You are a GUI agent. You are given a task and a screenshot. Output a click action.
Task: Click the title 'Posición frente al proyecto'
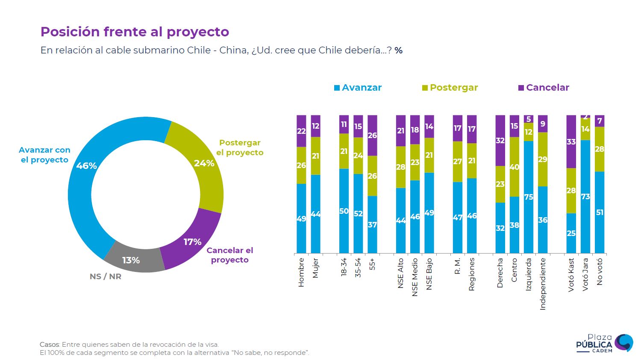(135, 32)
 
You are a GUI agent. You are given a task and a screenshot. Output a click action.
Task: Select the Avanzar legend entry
(358, 88)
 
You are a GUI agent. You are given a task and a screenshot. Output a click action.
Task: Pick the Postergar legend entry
(450, 88)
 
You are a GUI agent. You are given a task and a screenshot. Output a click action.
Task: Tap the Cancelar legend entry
(544, 88)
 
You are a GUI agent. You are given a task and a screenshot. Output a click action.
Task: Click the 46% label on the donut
(87, 166)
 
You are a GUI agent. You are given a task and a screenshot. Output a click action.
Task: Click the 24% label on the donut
(204, 163)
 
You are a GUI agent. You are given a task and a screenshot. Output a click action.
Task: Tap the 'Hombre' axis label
(301, 272)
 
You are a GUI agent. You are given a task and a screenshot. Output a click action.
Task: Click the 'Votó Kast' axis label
(571, 275)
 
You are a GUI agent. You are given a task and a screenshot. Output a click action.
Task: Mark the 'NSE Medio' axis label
(415, 277)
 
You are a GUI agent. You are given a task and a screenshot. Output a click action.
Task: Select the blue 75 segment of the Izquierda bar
(529, 197)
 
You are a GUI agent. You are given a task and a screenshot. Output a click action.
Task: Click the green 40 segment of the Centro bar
(515, 167)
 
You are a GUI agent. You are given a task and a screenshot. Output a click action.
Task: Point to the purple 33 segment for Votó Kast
(571, 142)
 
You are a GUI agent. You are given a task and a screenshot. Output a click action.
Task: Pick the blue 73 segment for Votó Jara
(585, 197)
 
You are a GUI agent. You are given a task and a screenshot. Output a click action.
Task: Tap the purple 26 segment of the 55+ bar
(372, 136)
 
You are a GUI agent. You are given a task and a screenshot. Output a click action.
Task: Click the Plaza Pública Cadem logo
(604, 343)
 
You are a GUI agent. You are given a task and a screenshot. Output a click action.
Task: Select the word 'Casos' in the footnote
(50, 345)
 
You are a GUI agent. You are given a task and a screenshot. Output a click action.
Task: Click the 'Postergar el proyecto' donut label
(240, 148)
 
